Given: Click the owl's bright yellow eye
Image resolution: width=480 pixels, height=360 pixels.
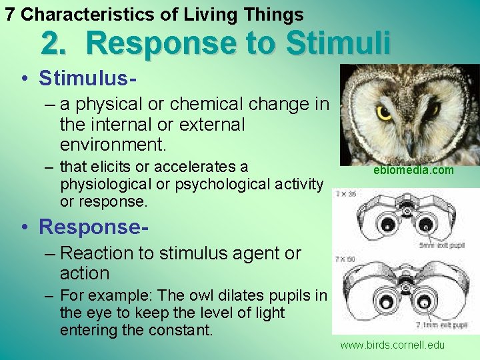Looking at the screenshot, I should (385, 113).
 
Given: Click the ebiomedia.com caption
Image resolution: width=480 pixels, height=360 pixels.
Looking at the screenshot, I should (413, 171).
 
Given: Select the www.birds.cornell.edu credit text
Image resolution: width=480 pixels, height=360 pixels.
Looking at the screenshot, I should (392, 345).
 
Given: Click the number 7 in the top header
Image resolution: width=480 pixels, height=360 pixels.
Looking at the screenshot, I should (10, 14).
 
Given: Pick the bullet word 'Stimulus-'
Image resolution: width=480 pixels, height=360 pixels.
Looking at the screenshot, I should (88, 78).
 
